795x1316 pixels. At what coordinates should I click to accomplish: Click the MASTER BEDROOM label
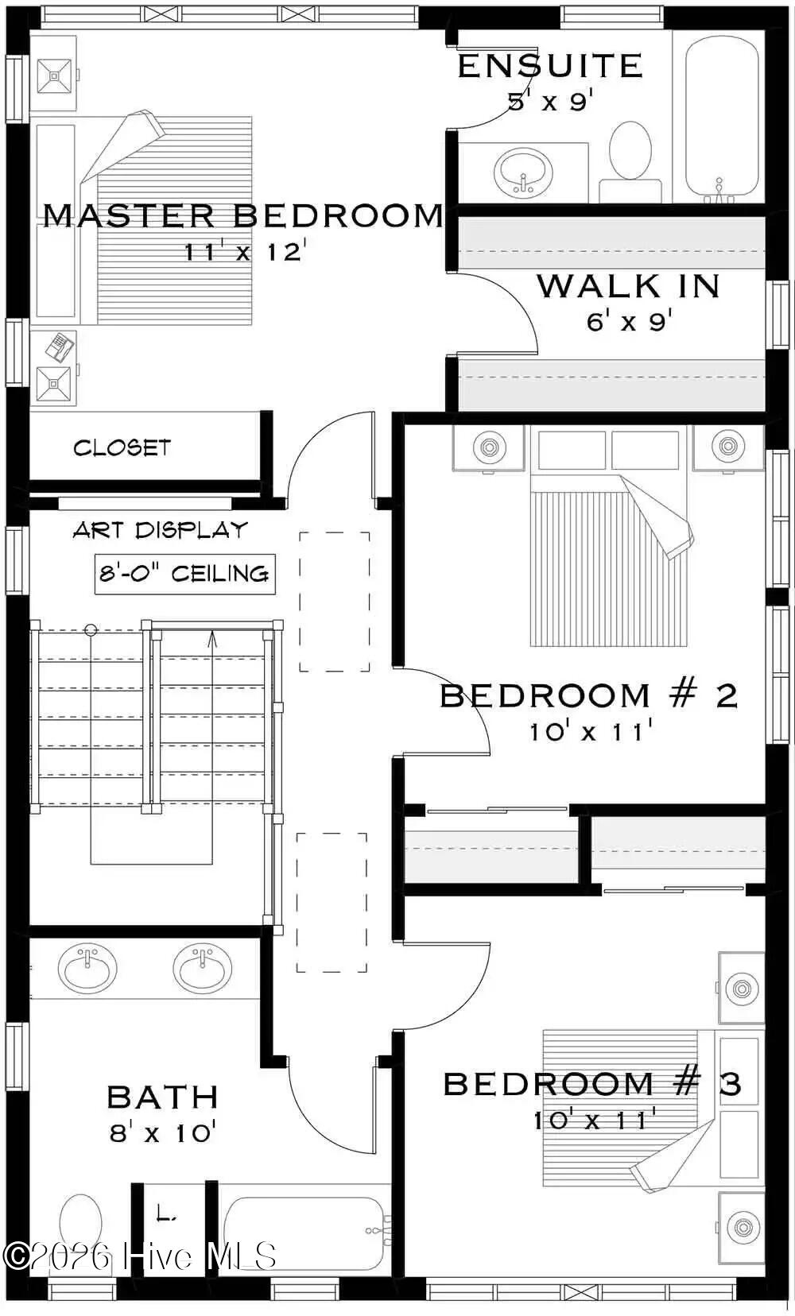point(242,215)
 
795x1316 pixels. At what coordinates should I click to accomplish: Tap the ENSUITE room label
point(550,66)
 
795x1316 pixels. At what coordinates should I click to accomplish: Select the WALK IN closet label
point(629,286)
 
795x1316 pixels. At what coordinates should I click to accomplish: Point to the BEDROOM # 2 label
point(589,695)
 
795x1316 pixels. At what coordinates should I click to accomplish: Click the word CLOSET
point(122,447)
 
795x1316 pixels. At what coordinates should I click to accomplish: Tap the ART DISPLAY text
point(161,530)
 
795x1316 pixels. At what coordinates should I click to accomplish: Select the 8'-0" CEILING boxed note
point(184,574)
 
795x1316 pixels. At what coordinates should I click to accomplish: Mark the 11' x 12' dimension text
point(245,252)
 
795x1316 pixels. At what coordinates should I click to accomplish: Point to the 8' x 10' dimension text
point(163,1132)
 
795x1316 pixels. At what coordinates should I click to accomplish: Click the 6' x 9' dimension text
point(629,321)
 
